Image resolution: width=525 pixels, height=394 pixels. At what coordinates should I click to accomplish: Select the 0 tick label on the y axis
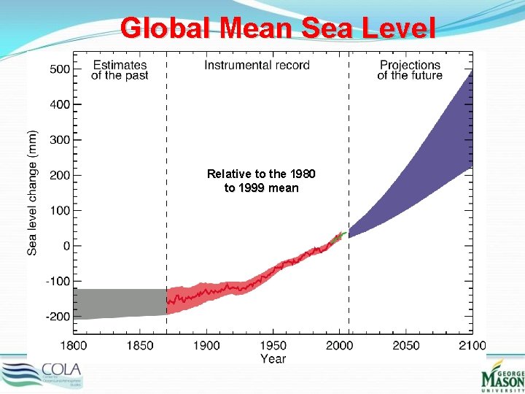66,247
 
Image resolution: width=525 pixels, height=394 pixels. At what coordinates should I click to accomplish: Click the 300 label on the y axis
60,140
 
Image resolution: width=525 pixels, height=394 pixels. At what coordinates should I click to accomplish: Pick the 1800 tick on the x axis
73,345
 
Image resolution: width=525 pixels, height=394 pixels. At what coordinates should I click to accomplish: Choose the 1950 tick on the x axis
273,345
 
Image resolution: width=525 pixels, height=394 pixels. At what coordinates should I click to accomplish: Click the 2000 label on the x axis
340,345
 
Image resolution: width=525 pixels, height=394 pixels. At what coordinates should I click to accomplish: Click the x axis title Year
273,359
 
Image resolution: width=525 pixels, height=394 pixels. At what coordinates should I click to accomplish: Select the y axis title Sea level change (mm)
33,193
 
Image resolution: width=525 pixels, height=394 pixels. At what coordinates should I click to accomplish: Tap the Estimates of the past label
120,71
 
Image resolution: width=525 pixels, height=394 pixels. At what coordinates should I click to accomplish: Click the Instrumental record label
257,66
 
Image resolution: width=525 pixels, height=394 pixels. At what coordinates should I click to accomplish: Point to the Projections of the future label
410,71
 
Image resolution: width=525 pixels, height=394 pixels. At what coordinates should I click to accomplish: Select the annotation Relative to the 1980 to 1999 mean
261,181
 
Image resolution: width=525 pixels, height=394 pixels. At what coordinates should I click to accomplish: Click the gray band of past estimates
120,304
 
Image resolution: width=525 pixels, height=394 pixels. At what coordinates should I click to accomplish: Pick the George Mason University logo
502,376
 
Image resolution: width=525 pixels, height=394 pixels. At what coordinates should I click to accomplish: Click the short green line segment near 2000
338,236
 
